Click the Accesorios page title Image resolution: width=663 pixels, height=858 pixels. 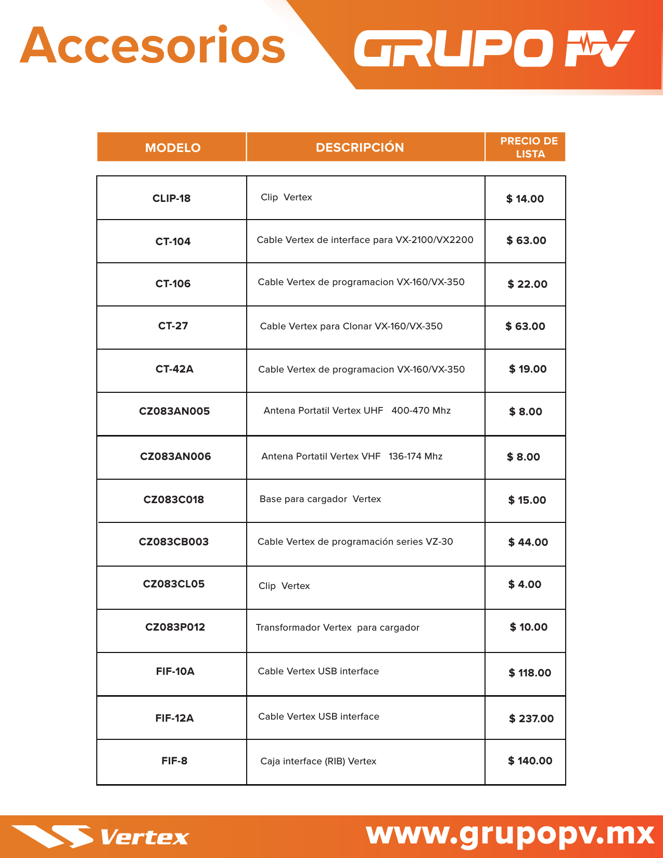pos(152,46)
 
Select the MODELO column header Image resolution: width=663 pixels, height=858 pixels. pos(173,148)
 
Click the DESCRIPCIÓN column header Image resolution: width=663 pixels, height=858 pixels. pos(360,148)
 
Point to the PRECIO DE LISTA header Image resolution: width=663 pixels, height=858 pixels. pos(529,147)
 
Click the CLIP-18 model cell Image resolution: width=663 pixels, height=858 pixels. pos(171,198)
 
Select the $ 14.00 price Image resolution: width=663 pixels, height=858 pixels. pos(525,199)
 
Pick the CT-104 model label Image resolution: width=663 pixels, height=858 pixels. pos(173,241)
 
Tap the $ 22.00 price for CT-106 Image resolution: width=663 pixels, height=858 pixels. pos(527,284)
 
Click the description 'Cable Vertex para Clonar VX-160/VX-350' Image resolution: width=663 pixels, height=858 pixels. pos(351,326)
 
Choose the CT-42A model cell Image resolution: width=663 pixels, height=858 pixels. pos(174,369)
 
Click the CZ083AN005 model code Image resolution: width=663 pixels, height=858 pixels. pos(174,411)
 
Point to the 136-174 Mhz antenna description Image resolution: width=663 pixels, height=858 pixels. pos(352,456)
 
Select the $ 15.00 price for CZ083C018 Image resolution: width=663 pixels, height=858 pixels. pos(527,500)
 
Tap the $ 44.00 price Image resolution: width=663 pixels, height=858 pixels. pos(528,542)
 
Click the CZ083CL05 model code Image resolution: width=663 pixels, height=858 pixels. pos(174,584)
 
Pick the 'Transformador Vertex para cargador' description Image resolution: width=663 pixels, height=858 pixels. pos(337,628)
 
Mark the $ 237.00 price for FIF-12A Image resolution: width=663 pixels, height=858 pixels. pos(531,719)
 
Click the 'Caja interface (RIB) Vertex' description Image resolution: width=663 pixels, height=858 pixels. pos(318,761)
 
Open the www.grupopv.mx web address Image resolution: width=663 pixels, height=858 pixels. pos(510,834)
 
